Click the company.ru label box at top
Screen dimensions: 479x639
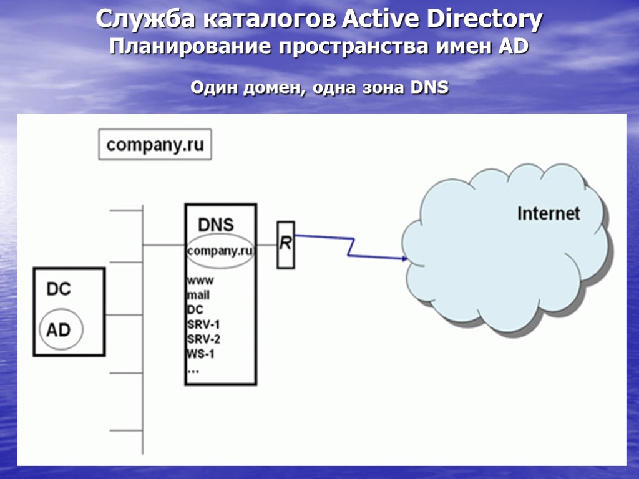pos(155,145)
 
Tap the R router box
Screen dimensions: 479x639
pos(285,244)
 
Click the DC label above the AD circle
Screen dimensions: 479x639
pos(59,289)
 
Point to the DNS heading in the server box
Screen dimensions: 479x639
pos(216,224)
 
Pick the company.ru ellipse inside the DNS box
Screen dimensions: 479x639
pos(220,251)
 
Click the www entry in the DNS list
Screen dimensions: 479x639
pos(200,281)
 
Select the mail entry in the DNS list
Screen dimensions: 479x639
pos(198,295)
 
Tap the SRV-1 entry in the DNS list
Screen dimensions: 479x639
pos(203,325)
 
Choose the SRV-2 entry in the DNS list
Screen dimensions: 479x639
pos(203,340)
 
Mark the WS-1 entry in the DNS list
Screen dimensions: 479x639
pos(201,355)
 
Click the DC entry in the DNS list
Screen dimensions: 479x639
pos(195,310)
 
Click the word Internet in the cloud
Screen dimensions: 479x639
pos(549,213)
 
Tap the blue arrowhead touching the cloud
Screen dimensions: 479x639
pos(402,258)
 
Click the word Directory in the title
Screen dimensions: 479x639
pos(484,20)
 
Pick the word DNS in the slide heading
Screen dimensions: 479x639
pos(429,88)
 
